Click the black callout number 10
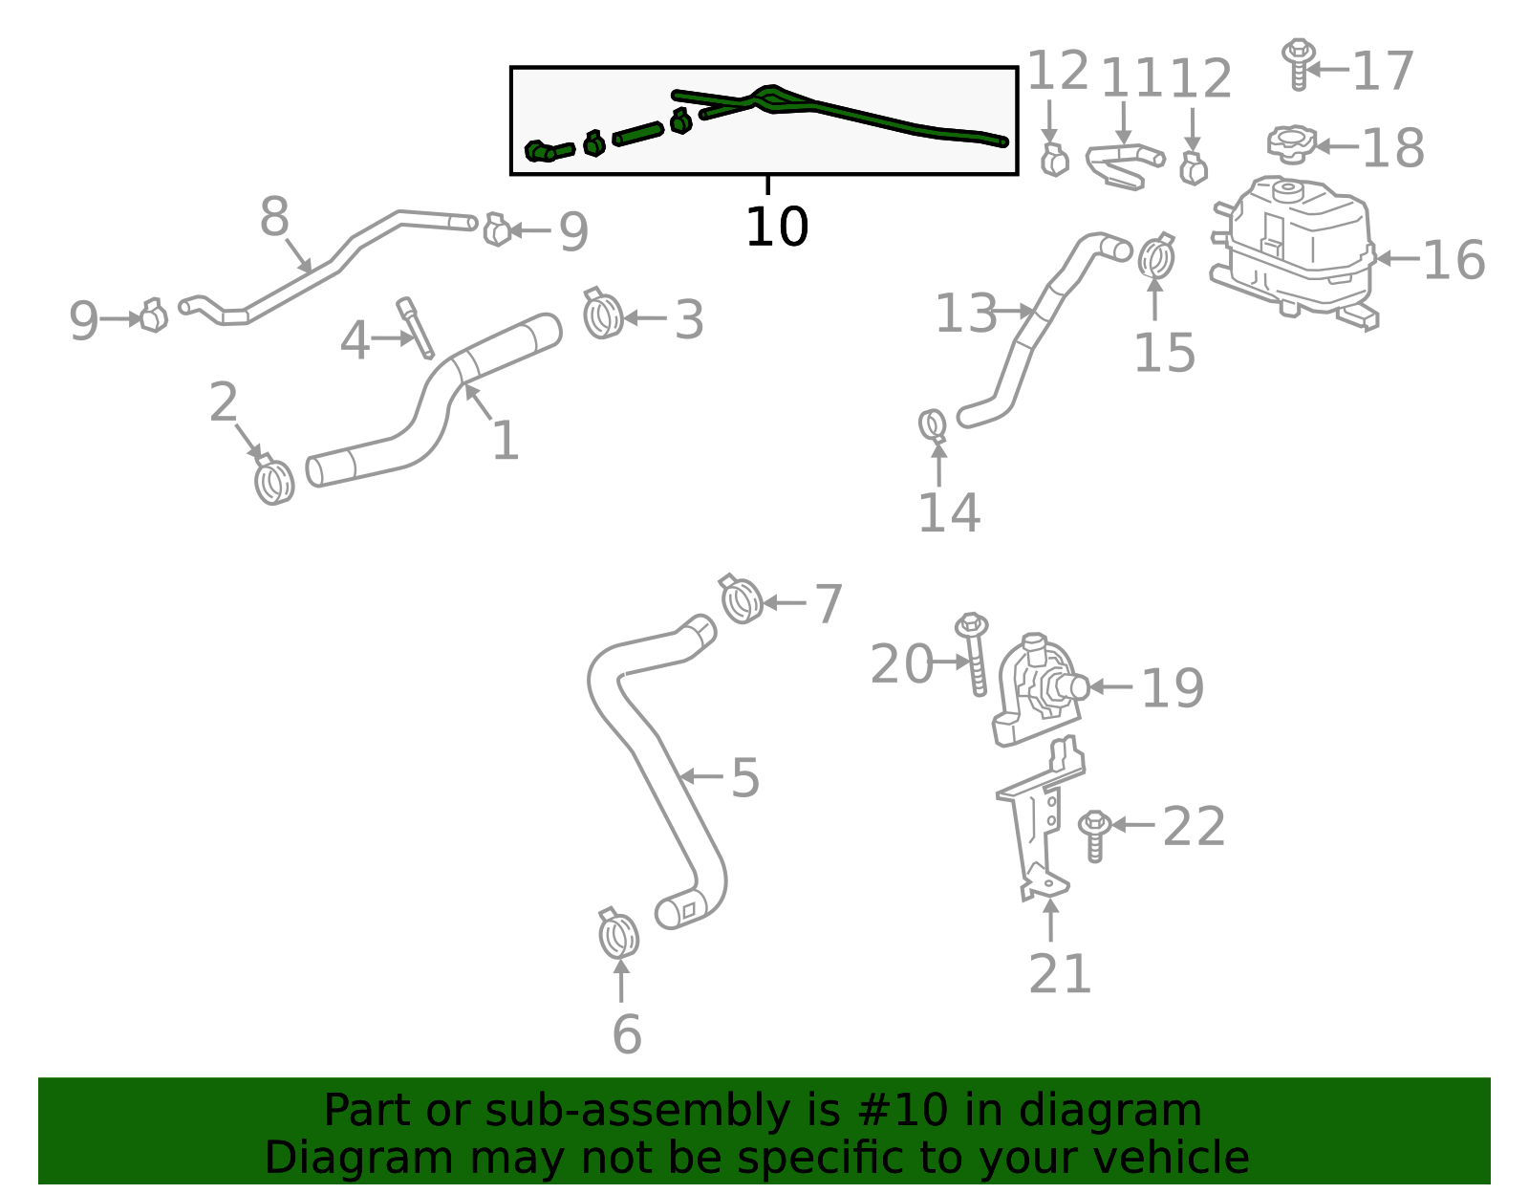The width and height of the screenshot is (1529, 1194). (x=776, y=228)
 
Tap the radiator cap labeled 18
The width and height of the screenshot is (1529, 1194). (x=1291, y=144)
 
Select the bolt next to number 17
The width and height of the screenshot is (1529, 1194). (x=1297, y=63)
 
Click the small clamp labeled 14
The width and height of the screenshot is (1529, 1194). (x=933, y=424)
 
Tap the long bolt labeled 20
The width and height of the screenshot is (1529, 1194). (x=974, y=654)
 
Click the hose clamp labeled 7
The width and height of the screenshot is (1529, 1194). (x=741, y=599)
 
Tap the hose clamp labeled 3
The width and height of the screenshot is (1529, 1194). (x=602, y=315)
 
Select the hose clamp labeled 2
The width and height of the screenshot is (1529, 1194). (x=274, y=479)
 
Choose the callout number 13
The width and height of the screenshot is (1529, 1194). (x=965, y=314)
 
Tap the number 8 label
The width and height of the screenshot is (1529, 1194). (x=274, y=218)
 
